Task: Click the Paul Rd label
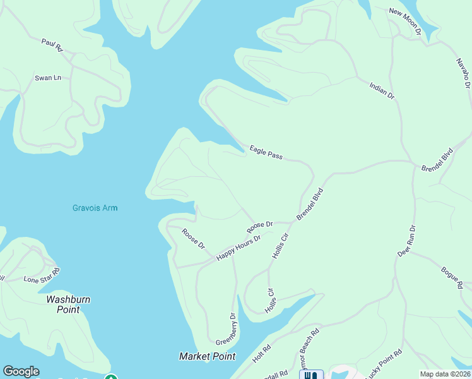point(52,44)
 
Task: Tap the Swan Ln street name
point(48,78)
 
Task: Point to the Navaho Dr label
point(463,75)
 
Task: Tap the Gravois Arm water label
point(95,208)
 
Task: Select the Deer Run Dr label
point(407,241)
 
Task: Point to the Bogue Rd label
point(451,278)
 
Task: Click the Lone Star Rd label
point(42,275)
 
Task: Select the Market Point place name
point(207,356)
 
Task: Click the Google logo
point(21,371)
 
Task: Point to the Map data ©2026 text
point(445,374)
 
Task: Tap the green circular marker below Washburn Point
point(111,377)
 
